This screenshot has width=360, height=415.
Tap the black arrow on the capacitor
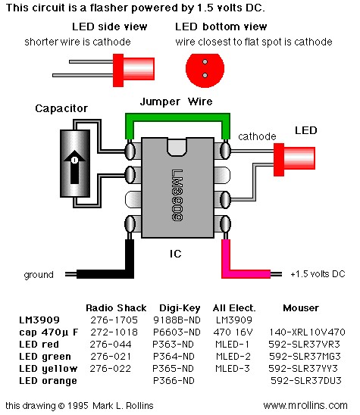(74, 167)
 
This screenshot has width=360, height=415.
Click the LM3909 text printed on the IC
(177, 195)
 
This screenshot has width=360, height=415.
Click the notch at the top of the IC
(177, 147)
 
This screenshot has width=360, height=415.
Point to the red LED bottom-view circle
(205, 70)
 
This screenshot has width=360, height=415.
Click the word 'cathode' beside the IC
(257, 136)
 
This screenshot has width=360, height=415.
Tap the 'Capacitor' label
(61, 108)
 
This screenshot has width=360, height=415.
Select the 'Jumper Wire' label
(176, 101)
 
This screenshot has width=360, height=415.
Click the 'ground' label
(39, 275)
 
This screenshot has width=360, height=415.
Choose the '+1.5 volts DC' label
(318, 274)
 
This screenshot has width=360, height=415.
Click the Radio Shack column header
(116, 308)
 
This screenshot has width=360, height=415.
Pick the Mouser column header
(301, 308)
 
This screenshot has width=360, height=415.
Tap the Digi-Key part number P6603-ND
(177, 332)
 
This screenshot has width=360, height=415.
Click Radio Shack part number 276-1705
(114, 320)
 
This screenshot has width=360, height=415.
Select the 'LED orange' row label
(48, 381)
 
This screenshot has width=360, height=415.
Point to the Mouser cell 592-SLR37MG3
(305, 357)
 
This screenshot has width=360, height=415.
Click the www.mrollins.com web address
(305, 405)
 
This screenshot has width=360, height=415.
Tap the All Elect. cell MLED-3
(233, 369)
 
